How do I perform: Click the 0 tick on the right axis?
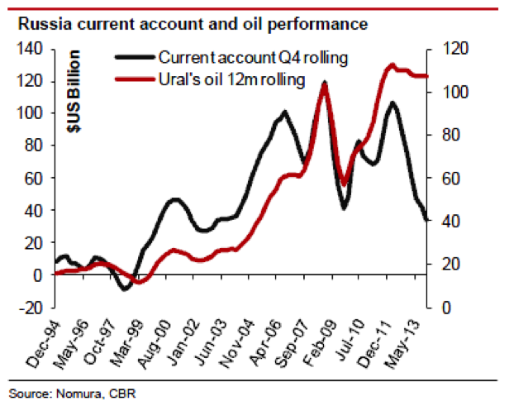coord(436,308)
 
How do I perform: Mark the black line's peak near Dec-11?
coord(391,103)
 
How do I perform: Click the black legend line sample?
coord(132,60)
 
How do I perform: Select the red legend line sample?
coord(132,80)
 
